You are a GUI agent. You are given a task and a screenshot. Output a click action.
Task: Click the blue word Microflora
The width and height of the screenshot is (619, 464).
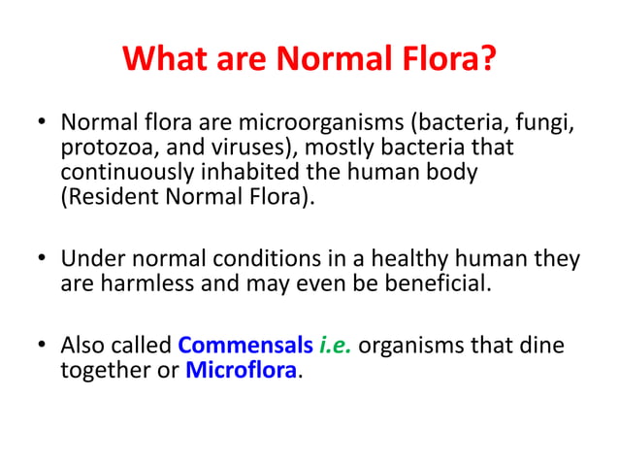click(242, 370)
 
